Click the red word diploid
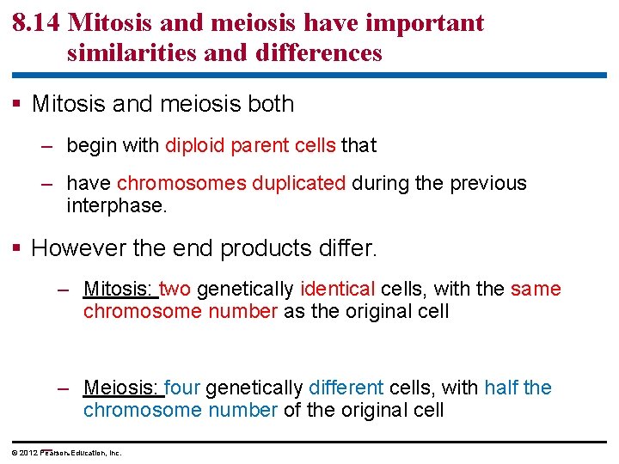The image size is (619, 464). pos(196,145)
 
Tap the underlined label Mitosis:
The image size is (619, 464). pos(120,290)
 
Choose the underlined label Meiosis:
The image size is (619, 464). pos(122,388)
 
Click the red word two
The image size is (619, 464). pos(175,290)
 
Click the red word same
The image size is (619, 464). pos(536,290)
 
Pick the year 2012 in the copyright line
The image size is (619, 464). pos(28,453)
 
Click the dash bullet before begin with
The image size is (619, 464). pos(48,145)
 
